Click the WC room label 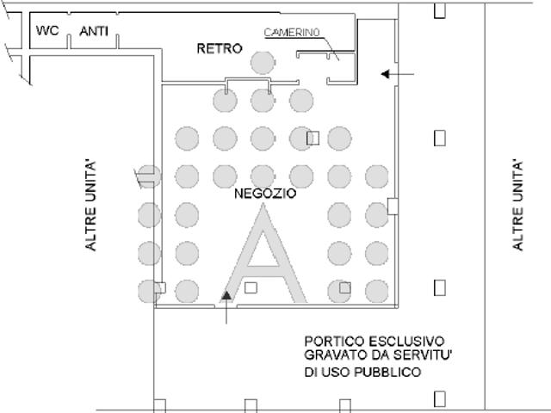tap(47, 31)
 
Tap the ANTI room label tap(94, 31)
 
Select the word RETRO tap(220, 48)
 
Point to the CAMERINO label tap(292, 33)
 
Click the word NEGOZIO tap(265, 194)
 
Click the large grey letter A tap(264, 254)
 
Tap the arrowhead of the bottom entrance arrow tap(226, 296)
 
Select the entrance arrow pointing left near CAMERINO tap(398, 74)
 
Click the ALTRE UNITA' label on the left tap(90, 206)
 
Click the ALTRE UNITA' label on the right tap(517, 206)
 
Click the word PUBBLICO tap(387, 372)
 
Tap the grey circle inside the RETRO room tap(263, 63)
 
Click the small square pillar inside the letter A tap(251, 288)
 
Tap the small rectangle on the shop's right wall tap(393, 206)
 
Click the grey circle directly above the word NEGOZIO tap(263, 176)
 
